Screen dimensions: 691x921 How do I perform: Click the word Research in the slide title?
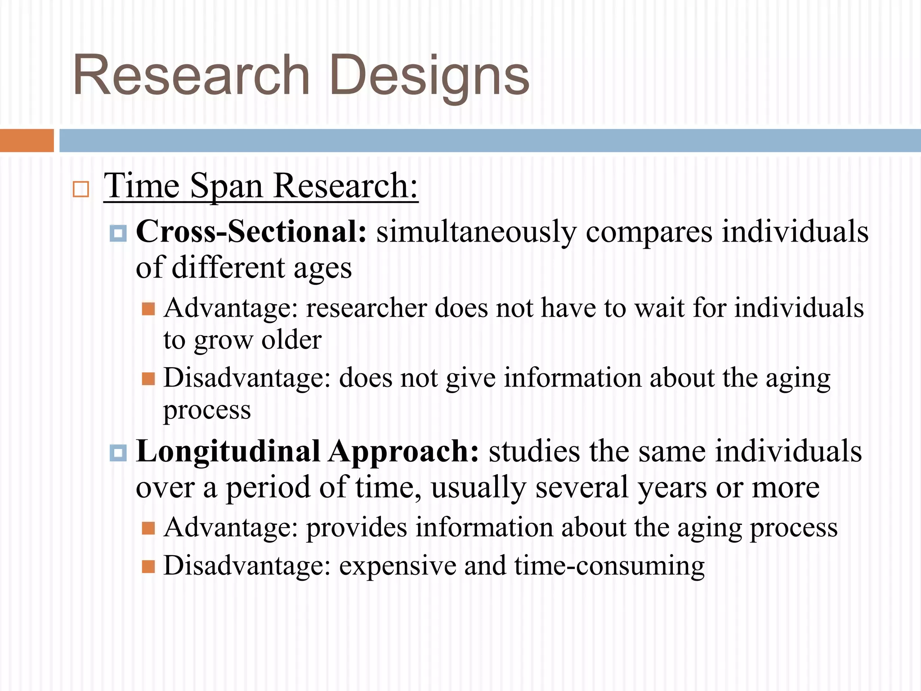[x=191, y=76]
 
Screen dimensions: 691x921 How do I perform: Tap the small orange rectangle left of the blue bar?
[x=27, y=140]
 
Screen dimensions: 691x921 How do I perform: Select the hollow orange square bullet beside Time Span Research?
[x=81, y=189]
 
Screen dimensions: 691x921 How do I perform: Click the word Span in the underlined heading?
[x=226, y=186]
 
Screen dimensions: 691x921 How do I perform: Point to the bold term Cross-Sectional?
[x=251, y=232]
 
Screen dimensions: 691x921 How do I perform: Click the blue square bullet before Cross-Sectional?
[x=118, y=233]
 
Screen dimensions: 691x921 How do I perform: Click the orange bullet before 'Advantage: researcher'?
[x=148, y=309]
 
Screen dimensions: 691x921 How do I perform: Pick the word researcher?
[x=366, y=309]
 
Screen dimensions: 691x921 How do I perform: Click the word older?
[x=291, y=340]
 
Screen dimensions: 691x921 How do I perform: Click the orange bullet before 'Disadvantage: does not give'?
[x=148, y=379]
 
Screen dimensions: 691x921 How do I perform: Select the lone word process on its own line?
[x=207, y=411]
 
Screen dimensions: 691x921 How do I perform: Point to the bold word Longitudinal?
[x=228, y=451]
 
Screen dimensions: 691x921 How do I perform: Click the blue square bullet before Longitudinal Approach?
[x=118, y=453]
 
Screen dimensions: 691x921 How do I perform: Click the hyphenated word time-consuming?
[x=609, y=565]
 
